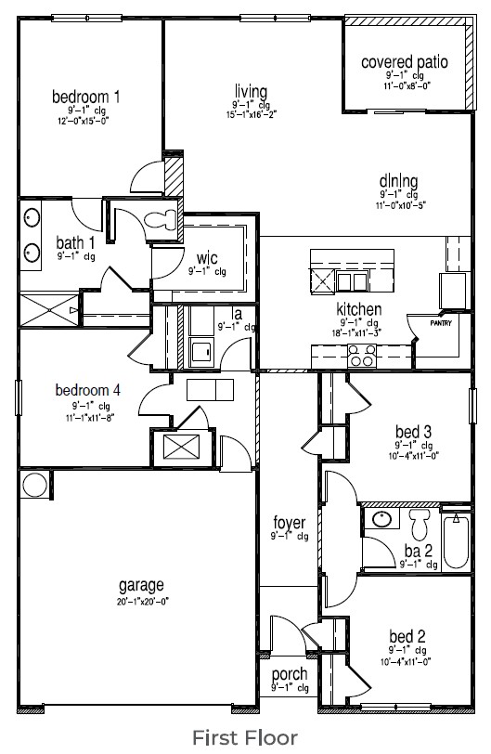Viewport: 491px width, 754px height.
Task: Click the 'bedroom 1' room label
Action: (x=85, y=97)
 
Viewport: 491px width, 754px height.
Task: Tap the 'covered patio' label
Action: (x=405, y=62)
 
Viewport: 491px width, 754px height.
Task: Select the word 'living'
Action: (x=251, y=91)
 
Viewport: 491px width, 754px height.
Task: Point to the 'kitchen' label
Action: (x=360, y=310)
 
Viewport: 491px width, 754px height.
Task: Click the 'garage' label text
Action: (x=141, y=586)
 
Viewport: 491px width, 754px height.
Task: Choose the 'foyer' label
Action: (x=289, y=523)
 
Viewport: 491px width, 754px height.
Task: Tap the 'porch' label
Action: (x=290, y=674)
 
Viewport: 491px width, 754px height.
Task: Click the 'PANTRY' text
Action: (x=443, y=323)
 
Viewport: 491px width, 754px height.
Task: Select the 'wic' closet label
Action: (x=206, y=257)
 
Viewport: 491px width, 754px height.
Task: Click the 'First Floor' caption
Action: (x=245, y=737)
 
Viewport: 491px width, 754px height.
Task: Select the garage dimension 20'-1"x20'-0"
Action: (x=141, y=602)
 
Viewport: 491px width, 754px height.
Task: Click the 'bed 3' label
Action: (x=412, y=431)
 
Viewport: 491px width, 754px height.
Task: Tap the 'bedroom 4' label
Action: (x=88, y=391)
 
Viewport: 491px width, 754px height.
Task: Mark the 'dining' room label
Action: (x=399, y=181)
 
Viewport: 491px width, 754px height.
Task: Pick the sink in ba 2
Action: (x=381, y=517)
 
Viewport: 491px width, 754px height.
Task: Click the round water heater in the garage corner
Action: (x=35, y=483)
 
